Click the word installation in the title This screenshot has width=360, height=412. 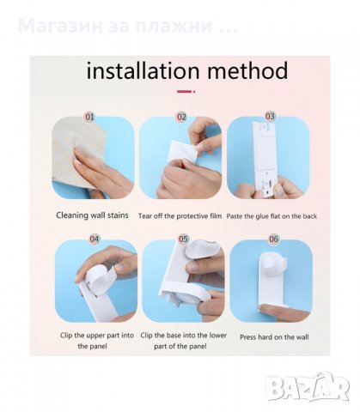click(143, 70)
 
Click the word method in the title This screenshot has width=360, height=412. click(247, 70)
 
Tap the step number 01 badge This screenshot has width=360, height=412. click(89, 117)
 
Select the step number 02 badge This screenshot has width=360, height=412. click(181, 117)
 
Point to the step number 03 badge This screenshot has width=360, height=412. click(270, 117)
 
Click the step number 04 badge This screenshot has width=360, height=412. click(95, 239)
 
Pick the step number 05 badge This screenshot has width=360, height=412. click(183, 239)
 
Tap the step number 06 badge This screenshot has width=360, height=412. click(273, 239)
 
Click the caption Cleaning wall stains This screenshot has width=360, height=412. click(92, 215)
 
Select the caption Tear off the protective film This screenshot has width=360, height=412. click(180, 216)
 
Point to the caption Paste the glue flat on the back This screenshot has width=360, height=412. click(272, 216)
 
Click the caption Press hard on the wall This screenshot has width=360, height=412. click(274, 337)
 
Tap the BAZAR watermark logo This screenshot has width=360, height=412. click(308, 387)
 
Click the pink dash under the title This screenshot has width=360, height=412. click(185, 92)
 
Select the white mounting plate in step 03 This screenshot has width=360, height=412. click(265, 160)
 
